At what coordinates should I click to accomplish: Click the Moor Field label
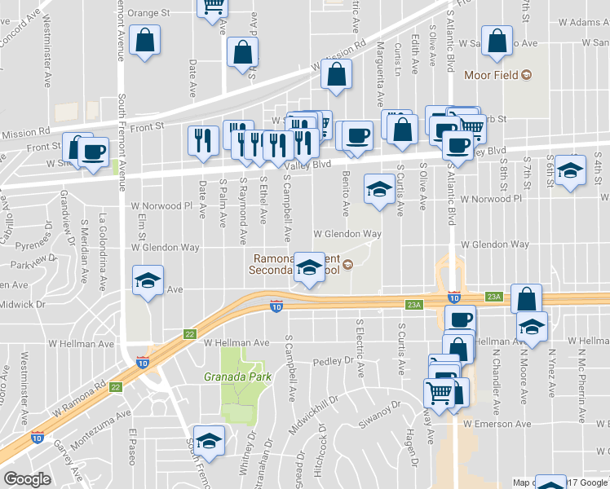(x=492, y=76)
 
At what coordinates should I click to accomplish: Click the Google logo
(x=27, y=479)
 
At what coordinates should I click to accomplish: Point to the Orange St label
(x=148, y=13)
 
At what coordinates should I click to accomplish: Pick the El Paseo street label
(x=131, y=447)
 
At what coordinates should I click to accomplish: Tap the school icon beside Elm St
(x=147, y=281)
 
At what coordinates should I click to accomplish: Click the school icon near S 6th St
(x=571, y=171)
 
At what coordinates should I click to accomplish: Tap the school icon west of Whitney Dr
(x=209, y=441)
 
